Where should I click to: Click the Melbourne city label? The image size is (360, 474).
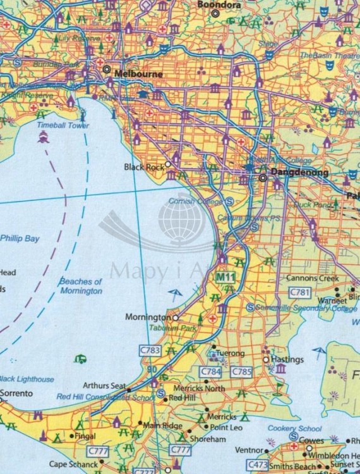(138, 74)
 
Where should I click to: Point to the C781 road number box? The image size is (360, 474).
(299, 291)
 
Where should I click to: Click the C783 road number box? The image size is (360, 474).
(149, 349)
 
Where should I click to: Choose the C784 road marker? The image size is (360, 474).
(210, 371)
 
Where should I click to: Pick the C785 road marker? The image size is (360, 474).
(241, 371)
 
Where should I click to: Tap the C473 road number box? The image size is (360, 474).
(257, 465)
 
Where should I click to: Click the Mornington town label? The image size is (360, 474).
(148, 317)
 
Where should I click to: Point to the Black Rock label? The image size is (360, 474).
(143, 167)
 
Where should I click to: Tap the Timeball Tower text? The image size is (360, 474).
(63, 126)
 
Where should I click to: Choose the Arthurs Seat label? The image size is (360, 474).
(104, 386)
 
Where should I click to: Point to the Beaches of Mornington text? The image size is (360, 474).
(80, 286)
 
